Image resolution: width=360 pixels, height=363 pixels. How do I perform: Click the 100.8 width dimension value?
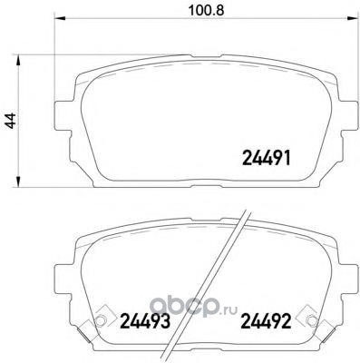pyautogui.click(x=206, y=11)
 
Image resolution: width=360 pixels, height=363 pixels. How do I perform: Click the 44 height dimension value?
pyautogui.click(x=11, y=121)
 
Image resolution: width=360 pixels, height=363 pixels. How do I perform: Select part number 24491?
pyautogui.click(x=267, y=158)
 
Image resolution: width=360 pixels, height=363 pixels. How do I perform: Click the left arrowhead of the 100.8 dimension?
pyautogui.click(x=60, y=18)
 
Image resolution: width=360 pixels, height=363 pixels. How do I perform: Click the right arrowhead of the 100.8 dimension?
pyautogui.click(x=351, y=18)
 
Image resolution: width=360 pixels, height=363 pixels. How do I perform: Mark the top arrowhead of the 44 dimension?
pyautogui.click(x=19, y=60)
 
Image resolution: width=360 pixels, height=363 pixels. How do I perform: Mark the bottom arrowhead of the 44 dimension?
pyautogui.click(x=19, y=181)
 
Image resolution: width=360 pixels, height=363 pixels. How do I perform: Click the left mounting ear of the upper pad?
pyautogui.click(x=64, y=115)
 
